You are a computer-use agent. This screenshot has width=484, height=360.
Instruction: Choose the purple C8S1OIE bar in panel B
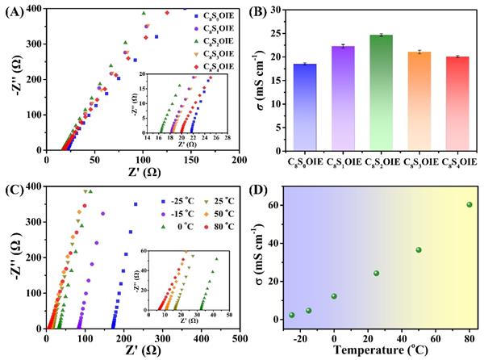pyautogui.click(x=344, y=98)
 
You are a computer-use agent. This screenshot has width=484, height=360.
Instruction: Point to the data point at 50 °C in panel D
pyautogui.click(x=419, y=250)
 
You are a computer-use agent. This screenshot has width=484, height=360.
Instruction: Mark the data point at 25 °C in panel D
pyautogui.click(x=376, y=274)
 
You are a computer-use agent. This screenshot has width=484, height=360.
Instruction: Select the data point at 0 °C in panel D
pyautogui.click(x=334, y=296)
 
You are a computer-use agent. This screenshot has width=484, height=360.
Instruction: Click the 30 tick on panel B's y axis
pyautogui.click(x=282, y=10)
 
